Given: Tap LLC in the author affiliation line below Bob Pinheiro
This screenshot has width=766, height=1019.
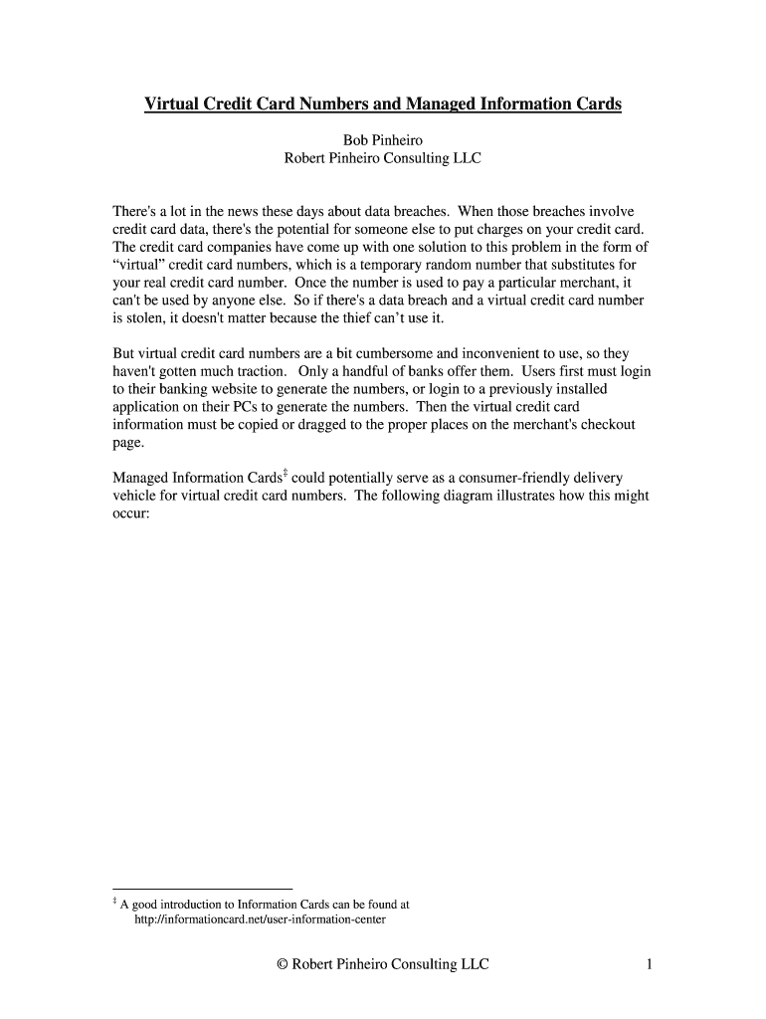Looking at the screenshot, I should click(x=465, y=158).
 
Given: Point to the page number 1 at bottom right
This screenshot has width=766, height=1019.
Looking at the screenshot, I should click(x=648, y=964).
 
